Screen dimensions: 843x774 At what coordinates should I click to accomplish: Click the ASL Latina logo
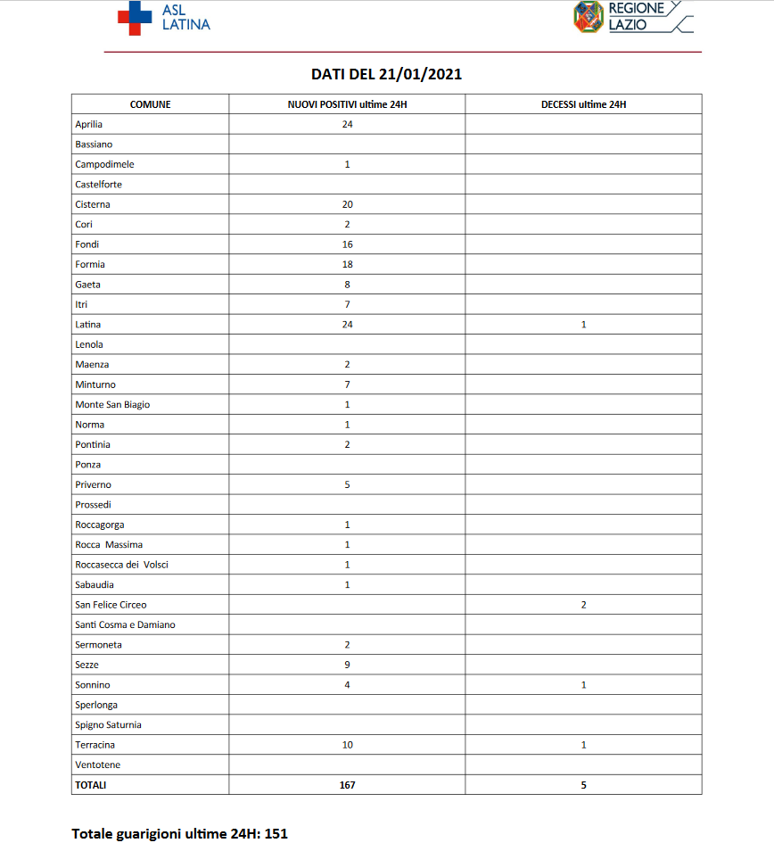pos(164,18)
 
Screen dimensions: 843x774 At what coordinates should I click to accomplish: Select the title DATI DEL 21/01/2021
pos(386,74)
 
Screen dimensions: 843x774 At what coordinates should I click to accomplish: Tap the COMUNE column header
pos(150,104)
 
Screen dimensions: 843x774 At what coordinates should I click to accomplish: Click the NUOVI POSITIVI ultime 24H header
pos(347,104)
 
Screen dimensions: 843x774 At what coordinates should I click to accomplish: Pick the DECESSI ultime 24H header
pos(583,104)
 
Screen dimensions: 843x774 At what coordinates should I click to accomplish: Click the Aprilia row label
pos(89,124)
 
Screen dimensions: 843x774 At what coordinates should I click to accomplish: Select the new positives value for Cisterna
pos(347,204)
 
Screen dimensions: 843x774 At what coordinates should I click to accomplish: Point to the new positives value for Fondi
pos(347,244)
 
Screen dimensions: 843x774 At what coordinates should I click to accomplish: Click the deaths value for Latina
pos(583,325)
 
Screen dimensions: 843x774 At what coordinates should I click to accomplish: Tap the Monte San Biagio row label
pos(112,405)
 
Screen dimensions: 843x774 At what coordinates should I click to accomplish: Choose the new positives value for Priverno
pos(347,484)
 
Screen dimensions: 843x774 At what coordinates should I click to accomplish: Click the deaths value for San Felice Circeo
pos(583,605)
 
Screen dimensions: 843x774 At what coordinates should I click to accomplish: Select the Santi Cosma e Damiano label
pos(125,624)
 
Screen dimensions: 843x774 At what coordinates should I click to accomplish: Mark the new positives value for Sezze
pos(347,665)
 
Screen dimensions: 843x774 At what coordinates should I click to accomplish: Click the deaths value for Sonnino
pos(583,685)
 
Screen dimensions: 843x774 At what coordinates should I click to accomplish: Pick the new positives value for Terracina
pos(347,745)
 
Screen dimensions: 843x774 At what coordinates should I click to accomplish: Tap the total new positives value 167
pos(347,785)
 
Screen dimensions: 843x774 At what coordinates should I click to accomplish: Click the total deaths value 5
pos(583,785)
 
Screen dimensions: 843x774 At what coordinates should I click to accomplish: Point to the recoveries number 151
pos(276,833)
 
